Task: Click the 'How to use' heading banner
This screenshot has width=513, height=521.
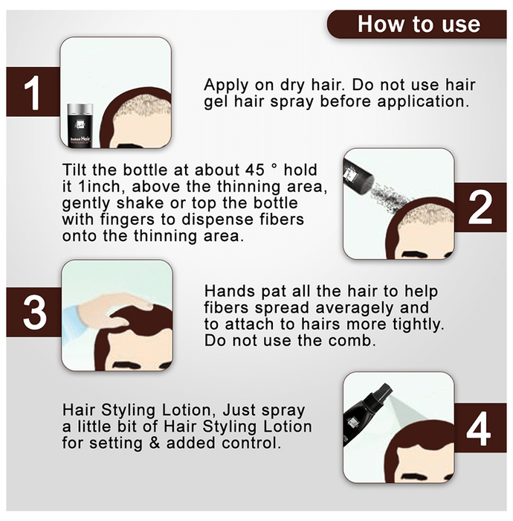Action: [417, 24]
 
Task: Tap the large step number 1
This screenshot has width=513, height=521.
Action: [33, 93]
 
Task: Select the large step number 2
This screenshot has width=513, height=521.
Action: [480, 208]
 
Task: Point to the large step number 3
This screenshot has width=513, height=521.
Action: [34, 313]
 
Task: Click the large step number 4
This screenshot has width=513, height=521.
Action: [479, 429]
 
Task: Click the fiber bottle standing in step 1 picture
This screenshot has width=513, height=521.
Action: [80, 125]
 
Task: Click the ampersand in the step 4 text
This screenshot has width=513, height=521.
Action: [155, 443]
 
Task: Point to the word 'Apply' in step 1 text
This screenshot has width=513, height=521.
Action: [226, 86]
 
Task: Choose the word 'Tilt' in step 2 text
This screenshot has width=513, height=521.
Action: [75, 170]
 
